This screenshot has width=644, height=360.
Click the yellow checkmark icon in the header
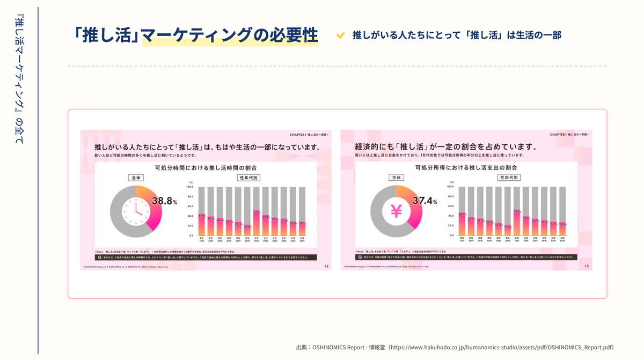(x=340, y=35)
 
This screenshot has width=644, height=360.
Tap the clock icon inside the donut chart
(x=136, y=211)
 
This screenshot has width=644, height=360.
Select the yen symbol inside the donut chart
(x=396, y=211)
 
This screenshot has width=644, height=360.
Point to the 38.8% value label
(x=164, y=202)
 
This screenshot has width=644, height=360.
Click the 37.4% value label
(x=425, y=202)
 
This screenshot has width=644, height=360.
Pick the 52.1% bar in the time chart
(x=257, y=223)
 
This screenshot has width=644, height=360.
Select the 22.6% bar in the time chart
(x=247, y=230)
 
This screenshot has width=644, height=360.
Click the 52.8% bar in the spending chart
(x=517, y=223)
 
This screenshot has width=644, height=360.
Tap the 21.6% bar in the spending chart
(x=508, y=231)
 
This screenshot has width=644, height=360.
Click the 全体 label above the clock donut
(x=136, y=177)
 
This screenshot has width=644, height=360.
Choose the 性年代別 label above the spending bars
(x=509, y=177)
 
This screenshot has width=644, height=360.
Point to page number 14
(x=327, y=266)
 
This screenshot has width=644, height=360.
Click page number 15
(x=587, y=266)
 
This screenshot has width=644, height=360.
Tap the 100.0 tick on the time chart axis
(x=190, y=187)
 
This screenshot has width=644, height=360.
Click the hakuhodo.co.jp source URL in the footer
(x=503, y=347)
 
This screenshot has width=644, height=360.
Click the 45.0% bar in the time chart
(x=202, y=225)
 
